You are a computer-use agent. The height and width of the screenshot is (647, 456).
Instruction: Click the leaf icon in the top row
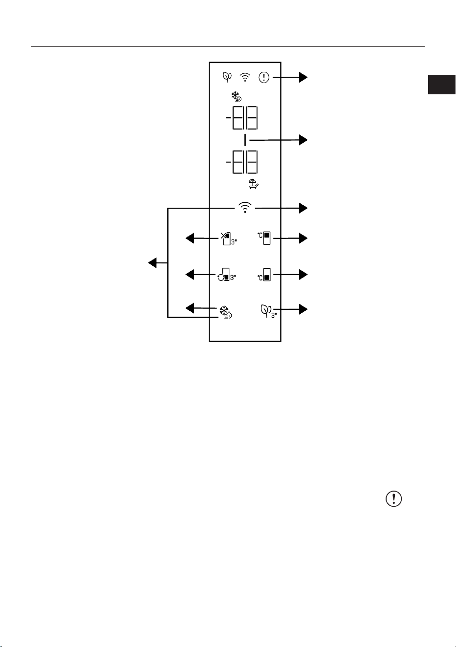tap(227, 77)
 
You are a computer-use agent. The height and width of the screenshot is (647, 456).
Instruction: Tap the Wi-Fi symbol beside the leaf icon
tap(245, 77)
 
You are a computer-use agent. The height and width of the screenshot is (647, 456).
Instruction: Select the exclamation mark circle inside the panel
tap(264, 77)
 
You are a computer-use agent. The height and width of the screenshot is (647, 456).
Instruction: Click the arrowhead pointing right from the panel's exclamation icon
tap(303, 77)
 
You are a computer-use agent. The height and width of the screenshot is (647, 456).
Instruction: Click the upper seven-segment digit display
tap(242, 118)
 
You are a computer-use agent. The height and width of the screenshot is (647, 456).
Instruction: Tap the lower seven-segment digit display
tap(242, 162)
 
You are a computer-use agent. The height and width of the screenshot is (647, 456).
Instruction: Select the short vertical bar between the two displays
tap(245, 140)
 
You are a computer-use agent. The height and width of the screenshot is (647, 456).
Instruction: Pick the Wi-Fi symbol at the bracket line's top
tap(245, 208)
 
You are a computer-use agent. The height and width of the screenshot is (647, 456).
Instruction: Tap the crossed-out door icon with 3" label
tap(229, 238)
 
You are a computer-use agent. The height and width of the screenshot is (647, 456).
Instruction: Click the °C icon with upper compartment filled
tap(264, 238)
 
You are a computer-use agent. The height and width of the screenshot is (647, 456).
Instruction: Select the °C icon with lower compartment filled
tap(264, 275)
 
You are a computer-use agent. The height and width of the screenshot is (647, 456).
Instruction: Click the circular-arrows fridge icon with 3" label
tap(227, 275)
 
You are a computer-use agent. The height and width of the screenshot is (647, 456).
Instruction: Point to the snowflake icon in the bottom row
tap(225, 312)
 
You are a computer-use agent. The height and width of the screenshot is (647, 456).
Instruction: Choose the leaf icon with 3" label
tap(268, 311)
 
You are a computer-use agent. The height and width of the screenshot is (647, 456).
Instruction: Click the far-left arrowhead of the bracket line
tap(152, 263)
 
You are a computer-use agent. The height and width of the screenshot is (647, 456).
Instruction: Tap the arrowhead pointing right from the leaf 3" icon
tap(303, 309)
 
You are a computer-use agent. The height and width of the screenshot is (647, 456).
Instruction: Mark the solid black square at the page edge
tap(441, 85)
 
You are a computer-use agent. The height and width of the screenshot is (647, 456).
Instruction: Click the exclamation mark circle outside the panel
tap(393, 498)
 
